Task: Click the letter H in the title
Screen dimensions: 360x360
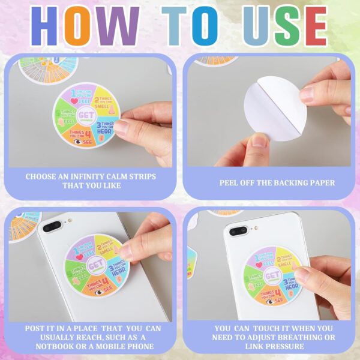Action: click(x=49, y=27)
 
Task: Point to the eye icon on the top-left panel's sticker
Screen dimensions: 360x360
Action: click(x=77, y=142)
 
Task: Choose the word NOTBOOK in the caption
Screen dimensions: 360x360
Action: click(x=57, y=346)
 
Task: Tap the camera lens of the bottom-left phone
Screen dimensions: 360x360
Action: click(x=52, y=226)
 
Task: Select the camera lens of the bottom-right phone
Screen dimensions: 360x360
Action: click(x=238, y=230)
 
